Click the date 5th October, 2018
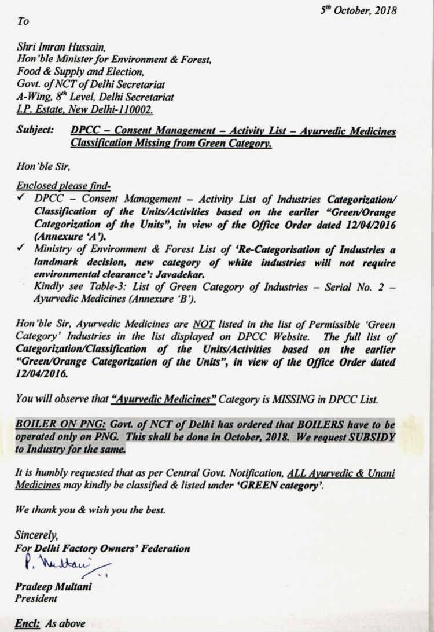point(359,10)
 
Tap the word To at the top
point(23,21)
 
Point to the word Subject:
point(35,131)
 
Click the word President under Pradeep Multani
point(36,598)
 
